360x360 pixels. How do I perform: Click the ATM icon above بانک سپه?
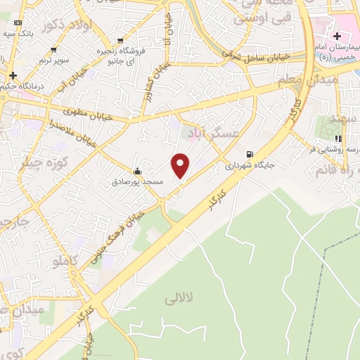[17, 22]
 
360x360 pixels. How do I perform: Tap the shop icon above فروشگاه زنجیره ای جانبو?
[120, 40]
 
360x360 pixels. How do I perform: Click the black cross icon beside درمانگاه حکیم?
[12, 75]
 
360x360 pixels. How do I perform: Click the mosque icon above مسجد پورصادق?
[137, 171]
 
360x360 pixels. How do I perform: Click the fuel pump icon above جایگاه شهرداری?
[250, 155]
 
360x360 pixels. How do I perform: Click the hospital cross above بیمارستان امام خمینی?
[337, 36]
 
